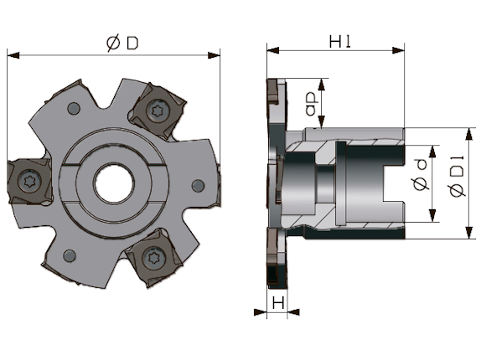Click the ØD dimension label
[x=122, y=44]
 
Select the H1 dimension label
[x=339, y=41]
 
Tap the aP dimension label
[x=312, y=105]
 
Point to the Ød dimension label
[x=421, y=174]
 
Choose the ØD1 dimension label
[x=457, y=177]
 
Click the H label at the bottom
[x=278, y=303]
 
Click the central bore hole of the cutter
[x=114, y=183]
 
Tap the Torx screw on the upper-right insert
[x=158, y=111]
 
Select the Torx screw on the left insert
[x=29, y=181]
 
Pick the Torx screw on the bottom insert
[x=154, y=257]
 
